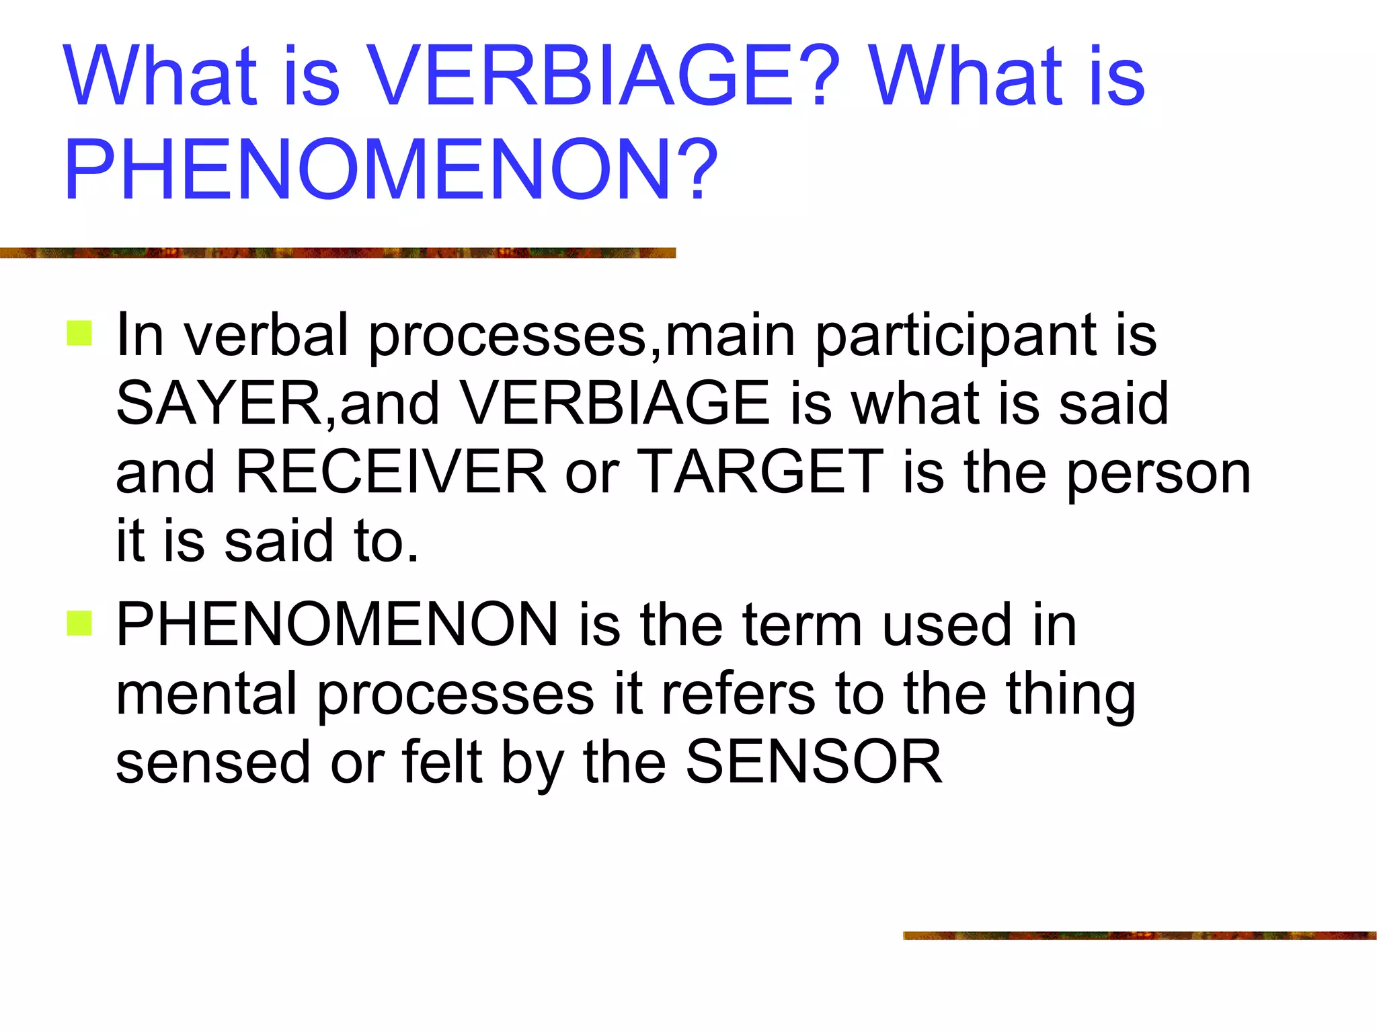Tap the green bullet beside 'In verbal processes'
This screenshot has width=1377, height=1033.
pos(79,334)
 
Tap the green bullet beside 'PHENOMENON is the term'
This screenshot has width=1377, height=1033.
pos(79,623)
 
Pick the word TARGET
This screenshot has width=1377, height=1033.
pos(760,472)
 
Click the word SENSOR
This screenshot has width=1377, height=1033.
pos(814,761)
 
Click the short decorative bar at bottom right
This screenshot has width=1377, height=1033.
pos(1139,935)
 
